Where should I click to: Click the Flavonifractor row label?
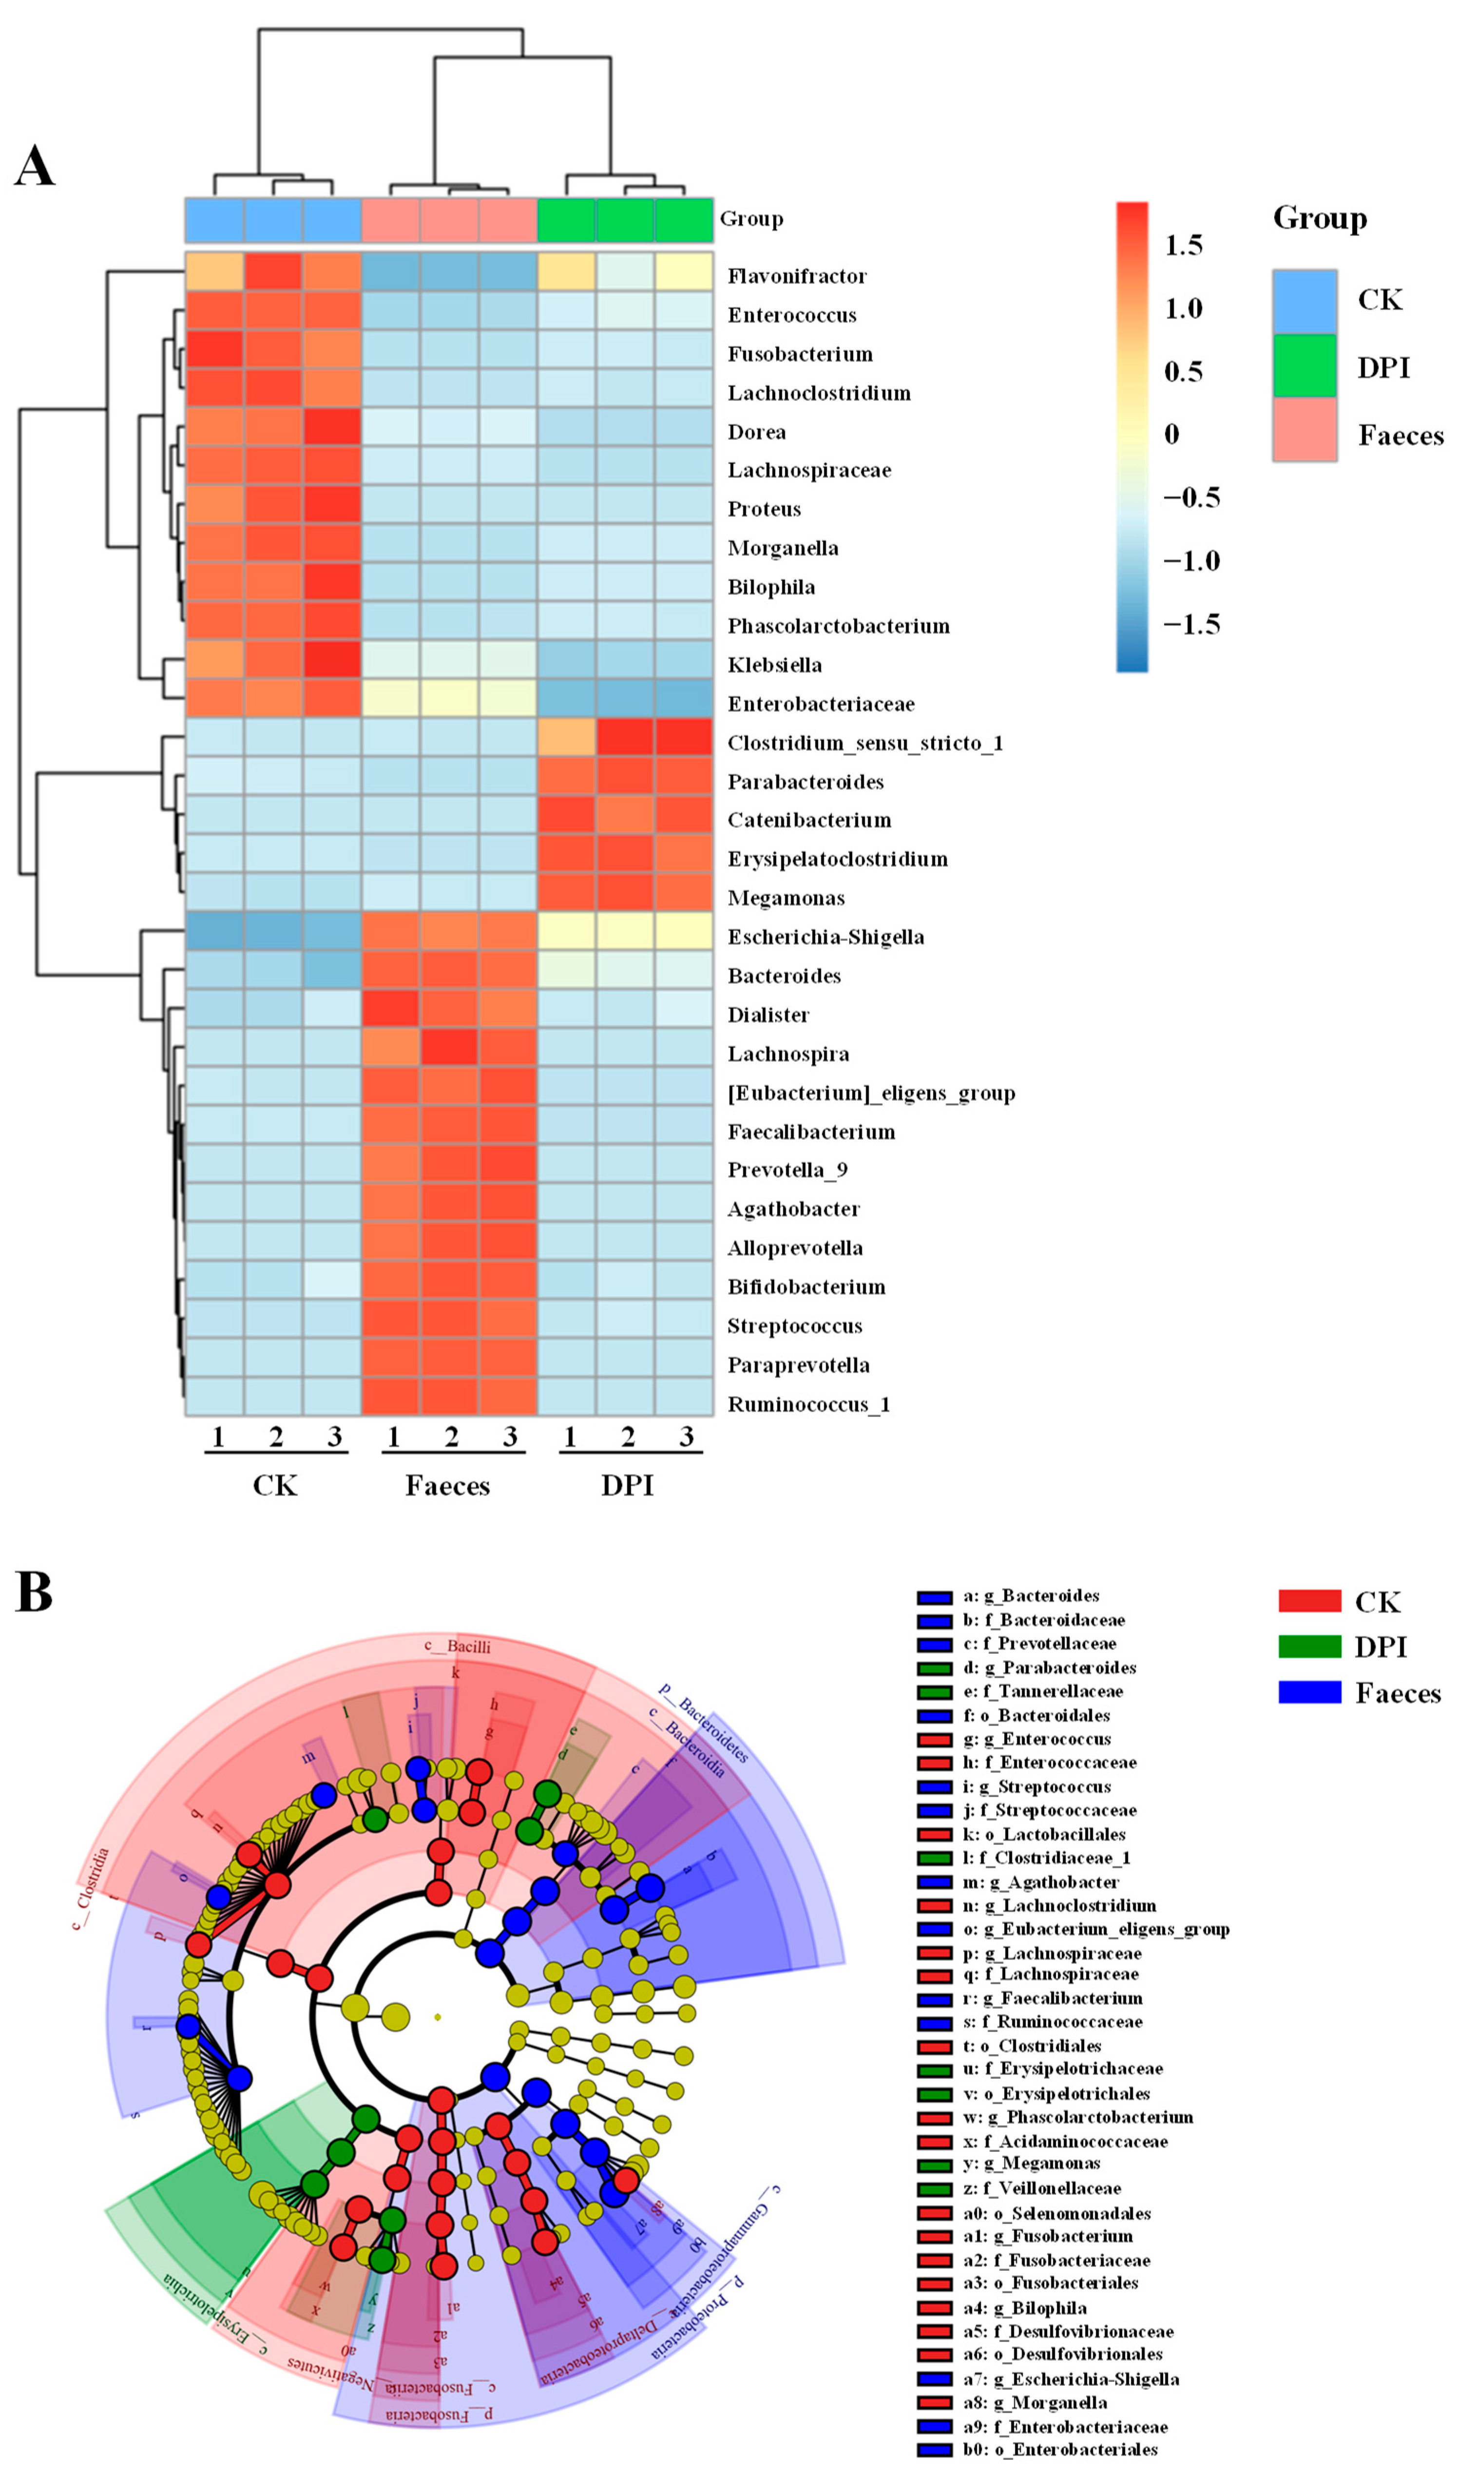click(x=797, y=276)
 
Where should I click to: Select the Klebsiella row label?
click(x=774, y=665)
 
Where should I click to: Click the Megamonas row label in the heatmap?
click(x=786, y=898)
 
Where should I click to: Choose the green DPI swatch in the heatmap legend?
click(x=1305, y=367)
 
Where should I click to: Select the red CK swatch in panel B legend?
click(x=1309, y=1600)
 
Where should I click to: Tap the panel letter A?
click(x=35, y=165)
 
